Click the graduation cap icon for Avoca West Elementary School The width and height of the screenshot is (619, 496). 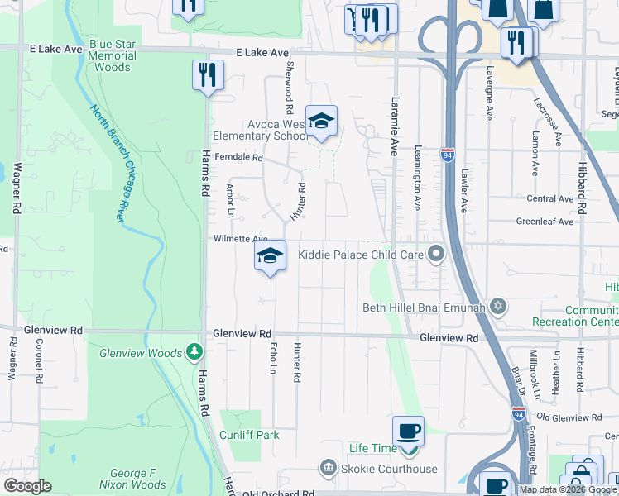point(321,121)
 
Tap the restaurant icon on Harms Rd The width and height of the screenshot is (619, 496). point(207,75)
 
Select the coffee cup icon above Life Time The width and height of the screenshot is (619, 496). point(408,431)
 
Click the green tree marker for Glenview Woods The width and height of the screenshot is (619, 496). point(194,353)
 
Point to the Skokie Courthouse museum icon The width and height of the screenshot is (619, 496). point(329,469)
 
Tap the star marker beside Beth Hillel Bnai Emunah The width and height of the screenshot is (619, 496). point(497,308)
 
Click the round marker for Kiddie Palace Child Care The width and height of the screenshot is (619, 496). point(436,255)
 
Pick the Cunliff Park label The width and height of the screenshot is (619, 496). point(249,435)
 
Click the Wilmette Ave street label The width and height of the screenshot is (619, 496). point(241,238)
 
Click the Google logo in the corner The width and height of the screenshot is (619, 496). point(27,486)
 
